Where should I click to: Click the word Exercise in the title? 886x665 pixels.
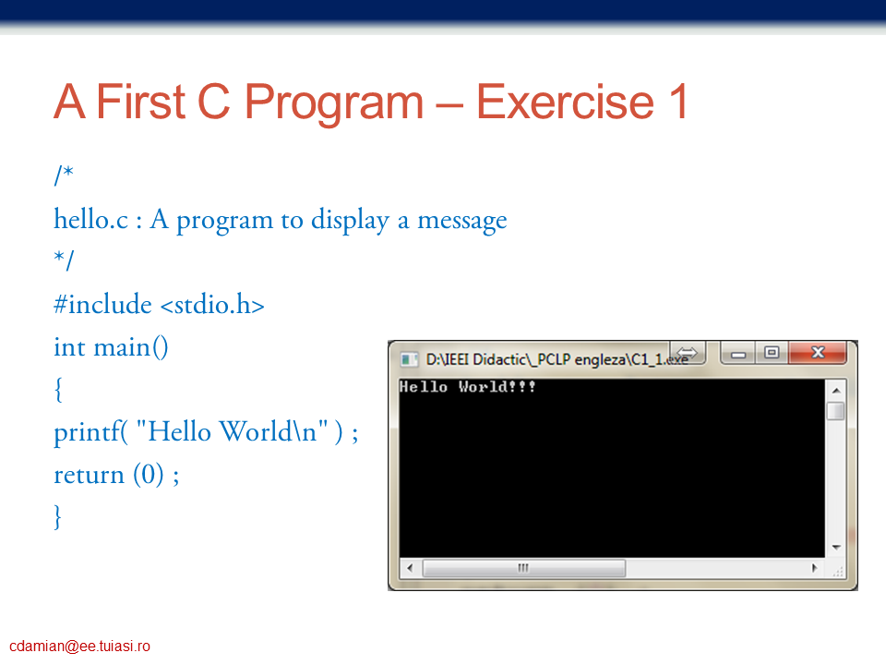(x=565, y=102)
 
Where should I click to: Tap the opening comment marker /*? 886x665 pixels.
(x=64, y=175)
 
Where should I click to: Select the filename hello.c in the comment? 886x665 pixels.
(x=91, y=220)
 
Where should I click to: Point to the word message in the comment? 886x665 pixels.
(x=461, y=221)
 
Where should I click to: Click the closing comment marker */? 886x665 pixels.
(x=64, y=260)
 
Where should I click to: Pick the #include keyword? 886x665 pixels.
(x=102, y=304)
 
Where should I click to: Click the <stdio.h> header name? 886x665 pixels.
(x=212, y=304)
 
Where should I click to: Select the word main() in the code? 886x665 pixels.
(x=130, y=347)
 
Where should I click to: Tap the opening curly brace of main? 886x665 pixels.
(x=57, y=390)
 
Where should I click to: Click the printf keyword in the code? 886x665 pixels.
(x=90, y=432)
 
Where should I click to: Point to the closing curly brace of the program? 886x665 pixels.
(x=57, y=517)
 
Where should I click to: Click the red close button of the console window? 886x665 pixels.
(x=818, y=352)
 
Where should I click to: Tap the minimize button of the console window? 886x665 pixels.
(x=738, y=354)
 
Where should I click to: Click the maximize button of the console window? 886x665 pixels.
(x=772, y=353)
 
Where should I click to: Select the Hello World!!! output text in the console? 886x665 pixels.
(x=467, y=387)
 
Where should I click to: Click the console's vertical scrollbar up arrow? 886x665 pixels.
(x=836, y=391)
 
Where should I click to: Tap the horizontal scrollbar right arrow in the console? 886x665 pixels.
(x=814, y=568)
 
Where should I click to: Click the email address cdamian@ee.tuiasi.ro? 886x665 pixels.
(x=79, y=647)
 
